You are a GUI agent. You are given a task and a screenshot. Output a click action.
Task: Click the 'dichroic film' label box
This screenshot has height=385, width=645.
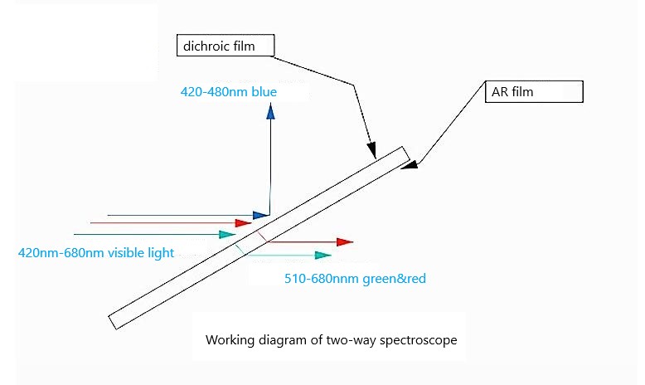(226, 46)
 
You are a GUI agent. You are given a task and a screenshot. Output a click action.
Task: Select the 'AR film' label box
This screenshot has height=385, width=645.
(535, 92)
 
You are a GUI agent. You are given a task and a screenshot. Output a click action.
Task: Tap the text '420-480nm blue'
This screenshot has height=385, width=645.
(229, 91)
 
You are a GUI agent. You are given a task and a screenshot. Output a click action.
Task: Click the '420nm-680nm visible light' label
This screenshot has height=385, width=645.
(96, 252)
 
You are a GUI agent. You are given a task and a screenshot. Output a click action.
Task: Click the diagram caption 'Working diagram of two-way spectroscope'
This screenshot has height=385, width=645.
(330, 340)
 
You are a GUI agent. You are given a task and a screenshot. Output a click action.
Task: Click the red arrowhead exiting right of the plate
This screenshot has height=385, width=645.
(346, 242)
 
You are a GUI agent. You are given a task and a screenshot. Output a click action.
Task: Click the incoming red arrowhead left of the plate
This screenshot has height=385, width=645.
(244, 222)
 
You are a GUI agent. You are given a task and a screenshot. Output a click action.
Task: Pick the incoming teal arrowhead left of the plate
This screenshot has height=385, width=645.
(228, 235)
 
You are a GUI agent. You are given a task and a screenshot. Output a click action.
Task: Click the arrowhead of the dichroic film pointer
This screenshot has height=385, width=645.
(373, 152)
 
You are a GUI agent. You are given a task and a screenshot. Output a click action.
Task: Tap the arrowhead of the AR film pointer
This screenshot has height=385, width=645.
(409, 164)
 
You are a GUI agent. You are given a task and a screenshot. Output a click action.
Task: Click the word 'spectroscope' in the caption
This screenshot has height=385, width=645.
(422, 340)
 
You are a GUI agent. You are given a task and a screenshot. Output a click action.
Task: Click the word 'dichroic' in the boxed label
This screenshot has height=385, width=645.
(206, 46)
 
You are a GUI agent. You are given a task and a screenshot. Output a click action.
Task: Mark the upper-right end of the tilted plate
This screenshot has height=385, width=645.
(405, 154)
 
